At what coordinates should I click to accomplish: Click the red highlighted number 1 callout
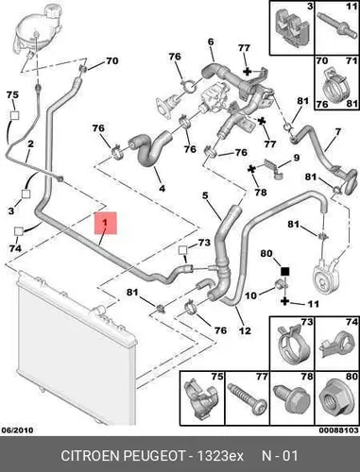[x=106, y=223]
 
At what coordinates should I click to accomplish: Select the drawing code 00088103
[x=338, y=430]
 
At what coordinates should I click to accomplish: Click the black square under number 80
[x=284, y=271]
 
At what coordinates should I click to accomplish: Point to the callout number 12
[x=245, y=330]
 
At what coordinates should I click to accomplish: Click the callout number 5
[x=205, y=195]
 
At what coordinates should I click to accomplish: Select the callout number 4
[x=162, y=188]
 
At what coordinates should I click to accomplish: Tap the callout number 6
[x=211, y=42]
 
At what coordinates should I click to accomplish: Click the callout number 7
[x=337, y=131]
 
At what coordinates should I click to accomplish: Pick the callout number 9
[x=297, y=158]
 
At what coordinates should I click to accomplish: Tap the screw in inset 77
[x=247, y=398]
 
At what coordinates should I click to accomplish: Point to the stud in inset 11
[x=334, y=23]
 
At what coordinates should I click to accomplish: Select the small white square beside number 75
[x=14, y=115]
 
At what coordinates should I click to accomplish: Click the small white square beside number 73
[x=183, y=250]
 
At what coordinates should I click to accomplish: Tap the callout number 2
[x=30, y=143]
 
